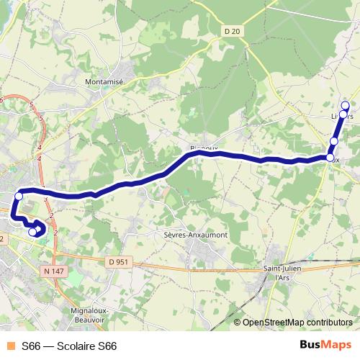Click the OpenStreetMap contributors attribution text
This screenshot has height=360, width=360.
point(300,323)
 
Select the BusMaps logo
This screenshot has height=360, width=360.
point(325,345)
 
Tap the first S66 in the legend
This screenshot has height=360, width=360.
point(32,346)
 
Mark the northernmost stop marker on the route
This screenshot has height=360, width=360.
point(345,105)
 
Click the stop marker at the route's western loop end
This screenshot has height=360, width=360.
point(32,232)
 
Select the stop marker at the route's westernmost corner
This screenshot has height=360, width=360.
point(19,196)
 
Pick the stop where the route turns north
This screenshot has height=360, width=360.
point(330,157)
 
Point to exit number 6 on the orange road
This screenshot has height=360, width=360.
point(2,99)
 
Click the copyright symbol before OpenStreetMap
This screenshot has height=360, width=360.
point(238,323)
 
